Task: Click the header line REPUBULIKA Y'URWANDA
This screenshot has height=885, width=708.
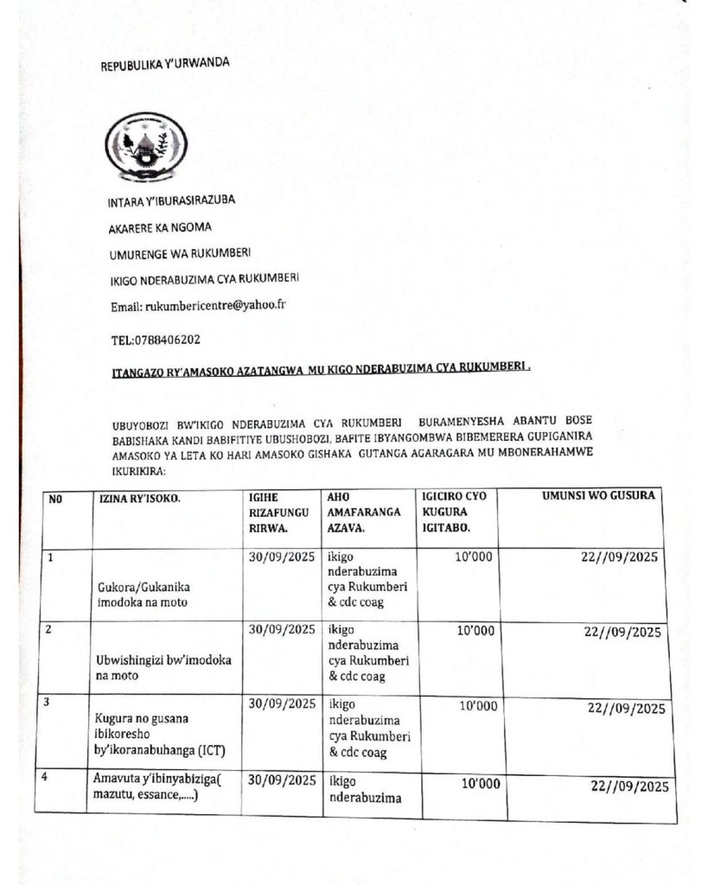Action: pos(165,66)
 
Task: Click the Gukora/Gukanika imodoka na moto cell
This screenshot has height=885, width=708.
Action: pos(144,594)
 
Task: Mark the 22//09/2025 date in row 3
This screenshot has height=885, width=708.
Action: pos(625,709)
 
